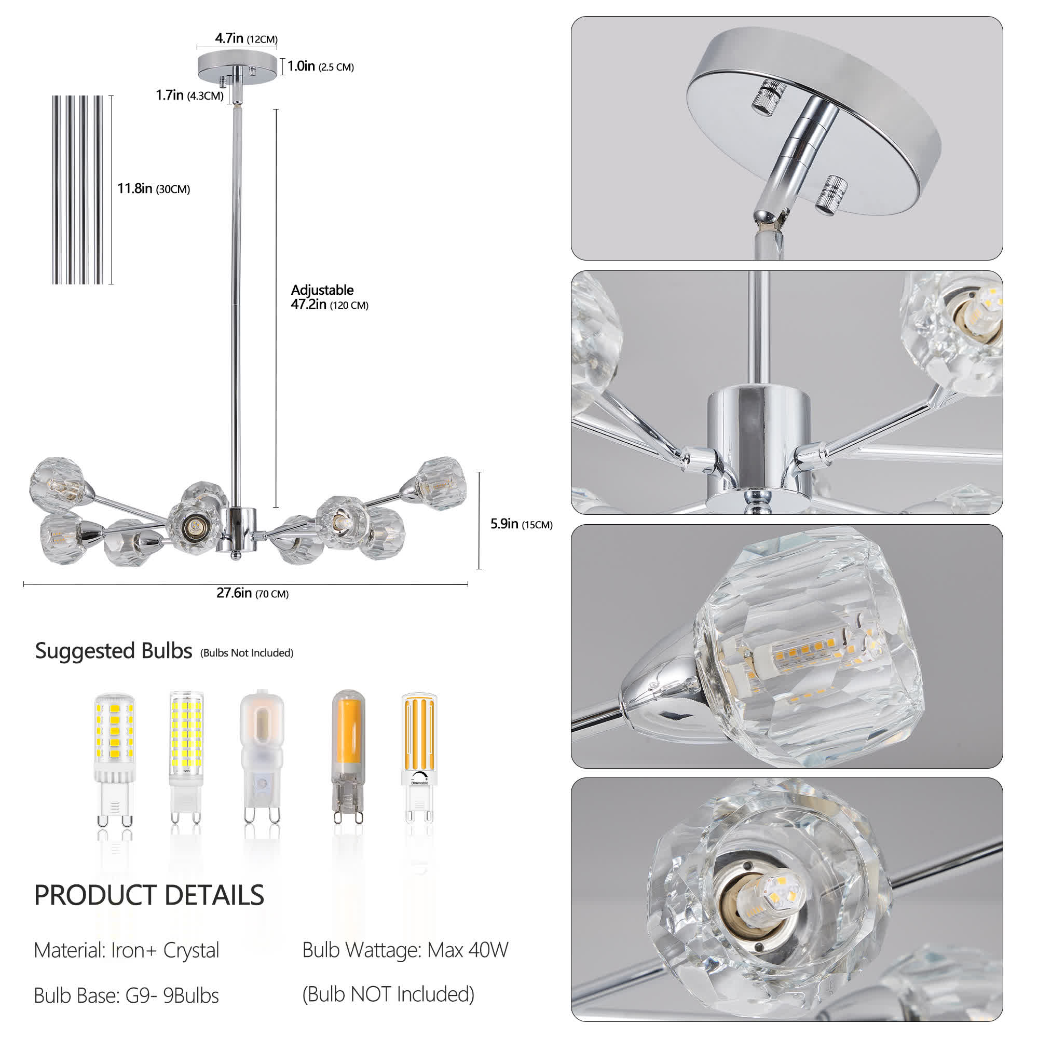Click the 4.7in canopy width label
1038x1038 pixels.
[246, 39]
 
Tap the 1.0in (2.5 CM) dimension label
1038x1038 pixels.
[320, 66]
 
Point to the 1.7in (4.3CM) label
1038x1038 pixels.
[189, 95]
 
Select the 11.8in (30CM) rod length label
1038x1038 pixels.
[154, 188]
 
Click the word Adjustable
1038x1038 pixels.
[322, 290]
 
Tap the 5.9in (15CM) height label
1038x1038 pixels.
[521, 524]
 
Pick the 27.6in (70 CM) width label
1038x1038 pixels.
[253, 593]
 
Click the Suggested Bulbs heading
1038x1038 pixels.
[113, 651]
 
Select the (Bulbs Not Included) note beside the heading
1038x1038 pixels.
[247, 653]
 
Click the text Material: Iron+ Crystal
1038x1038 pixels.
[126, 950]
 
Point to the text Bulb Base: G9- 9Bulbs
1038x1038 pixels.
[126, 995]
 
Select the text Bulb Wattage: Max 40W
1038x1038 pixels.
[405, 950]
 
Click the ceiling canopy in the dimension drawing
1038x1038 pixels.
[237, 63]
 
